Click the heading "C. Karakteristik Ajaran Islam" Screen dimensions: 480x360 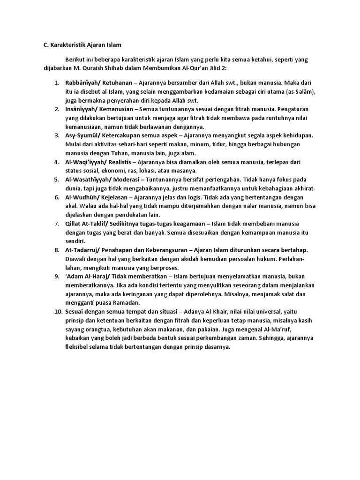79,45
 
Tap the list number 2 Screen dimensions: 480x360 56,109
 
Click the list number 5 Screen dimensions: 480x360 56,180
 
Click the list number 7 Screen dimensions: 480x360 56,223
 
